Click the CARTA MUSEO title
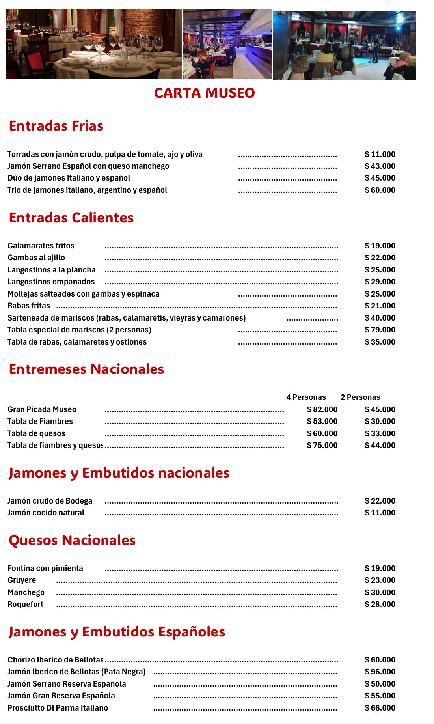point(204,93)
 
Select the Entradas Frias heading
point(56,126)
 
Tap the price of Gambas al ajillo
point(380,258)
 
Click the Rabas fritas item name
point(29,306)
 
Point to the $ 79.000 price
point(380,330)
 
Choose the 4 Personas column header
point(306,397)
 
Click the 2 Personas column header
point(360,397)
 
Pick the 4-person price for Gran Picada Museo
point(322,409)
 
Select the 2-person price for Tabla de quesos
point(380,433)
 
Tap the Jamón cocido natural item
point(46,513)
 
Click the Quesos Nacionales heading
point(72,540)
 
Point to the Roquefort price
point(380,604)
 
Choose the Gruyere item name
point(22,580)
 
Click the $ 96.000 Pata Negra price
point(380,672)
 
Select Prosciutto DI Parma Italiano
point(58,708)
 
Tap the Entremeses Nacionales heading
point(86,369)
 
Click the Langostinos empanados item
point(51,282)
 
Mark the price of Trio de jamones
point(380,190)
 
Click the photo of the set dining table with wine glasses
point(94,44)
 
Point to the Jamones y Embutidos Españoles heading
point(117,632)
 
